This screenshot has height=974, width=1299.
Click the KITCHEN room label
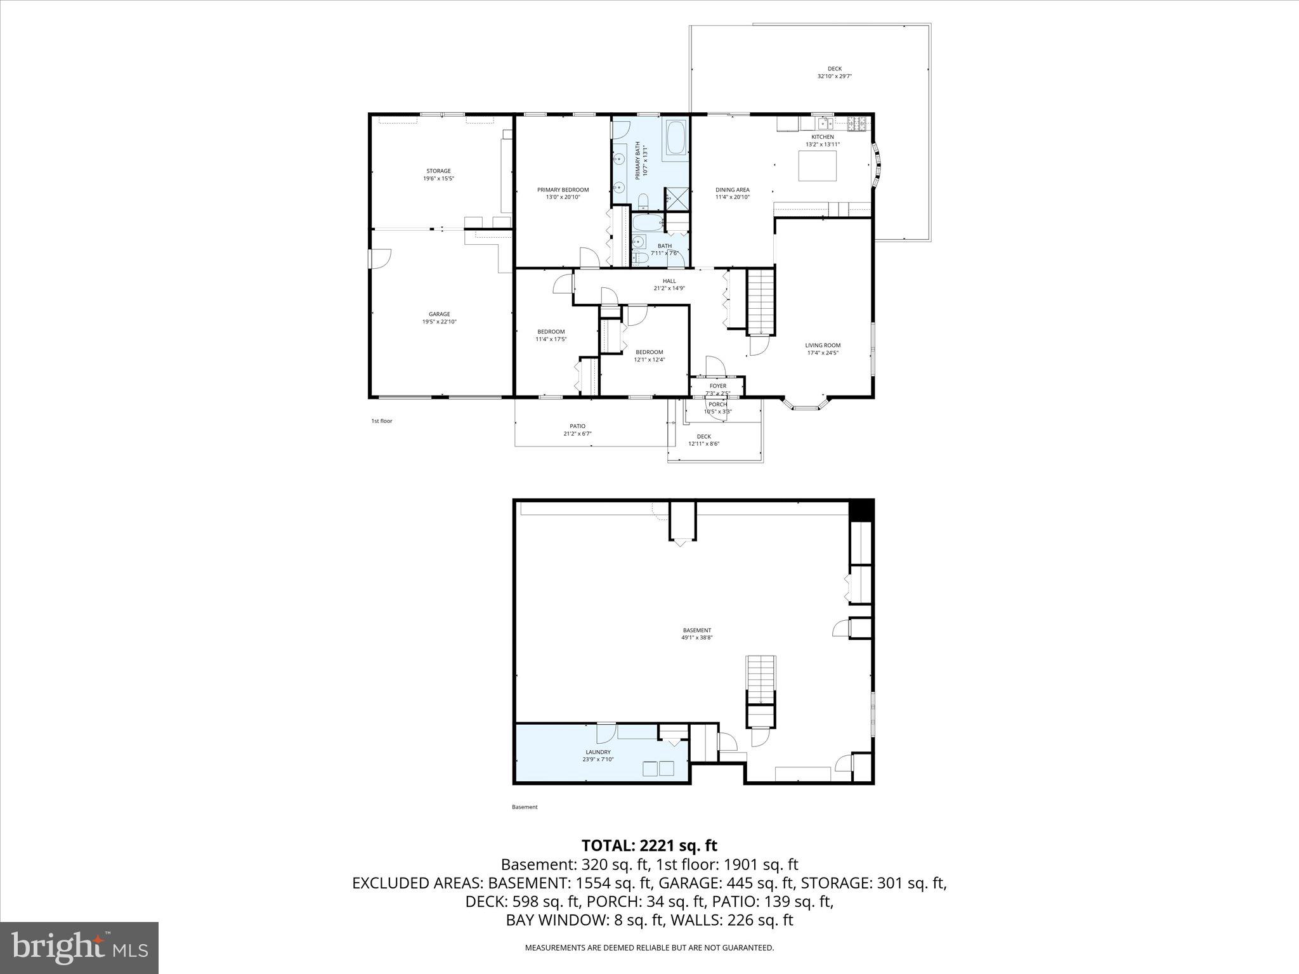click(x=823, y=137)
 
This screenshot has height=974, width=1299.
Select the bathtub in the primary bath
click(x=676, y=138)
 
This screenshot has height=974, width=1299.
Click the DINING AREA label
click(x=733, y=190)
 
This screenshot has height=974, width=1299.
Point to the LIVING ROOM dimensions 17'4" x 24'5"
click(x=823, y=353)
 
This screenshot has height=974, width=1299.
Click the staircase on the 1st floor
click(x=760, y=302)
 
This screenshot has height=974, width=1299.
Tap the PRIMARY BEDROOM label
click(x=563, y=190)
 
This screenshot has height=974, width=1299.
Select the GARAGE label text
click(x=439, y=314)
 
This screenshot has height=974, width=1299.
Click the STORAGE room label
click(x=438, y=171)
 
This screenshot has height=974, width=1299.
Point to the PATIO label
click(x=577, y=426)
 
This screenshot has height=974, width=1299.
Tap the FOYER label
click(x=717, y=386)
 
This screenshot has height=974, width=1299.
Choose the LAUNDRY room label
click(x=598, y=752)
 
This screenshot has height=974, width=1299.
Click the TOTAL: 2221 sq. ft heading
click(x=649, y=845)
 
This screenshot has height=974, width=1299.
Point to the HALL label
click(x=669, y=281)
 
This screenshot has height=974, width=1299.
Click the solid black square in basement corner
click(x=861, y=510)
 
